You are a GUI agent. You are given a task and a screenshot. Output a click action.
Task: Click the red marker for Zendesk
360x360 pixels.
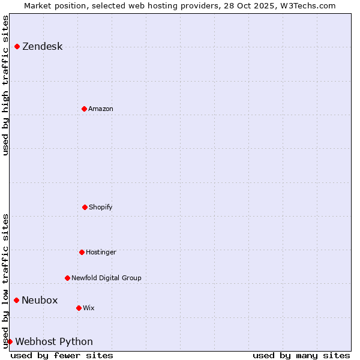coord(17,46)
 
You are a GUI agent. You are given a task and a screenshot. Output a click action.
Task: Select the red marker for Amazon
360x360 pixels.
coord(84,109)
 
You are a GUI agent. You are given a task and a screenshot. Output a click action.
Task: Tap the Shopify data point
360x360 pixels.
coord(85,207)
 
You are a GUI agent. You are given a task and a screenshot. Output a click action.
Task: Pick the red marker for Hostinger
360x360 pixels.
coord(82,252)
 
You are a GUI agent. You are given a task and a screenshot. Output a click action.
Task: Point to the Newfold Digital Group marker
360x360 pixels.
coord(67,278)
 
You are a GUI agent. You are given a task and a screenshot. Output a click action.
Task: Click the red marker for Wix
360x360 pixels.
coord(79,308)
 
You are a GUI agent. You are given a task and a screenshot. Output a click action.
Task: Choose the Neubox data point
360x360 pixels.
coord(16,300)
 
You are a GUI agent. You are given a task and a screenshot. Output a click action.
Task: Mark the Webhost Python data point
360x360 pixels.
coord(10,341)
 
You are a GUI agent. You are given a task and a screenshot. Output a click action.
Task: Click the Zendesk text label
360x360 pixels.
coord(42,47)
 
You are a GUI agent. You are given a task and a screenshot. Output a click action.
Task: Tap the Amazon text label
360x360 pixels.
coord(101,109)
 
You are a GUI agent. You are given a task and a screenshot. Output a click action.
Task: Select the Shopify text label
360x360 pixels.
coord(101,208)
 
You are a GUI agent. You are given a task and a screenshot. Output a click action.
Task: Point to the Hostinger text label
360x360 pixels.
coord(101,253)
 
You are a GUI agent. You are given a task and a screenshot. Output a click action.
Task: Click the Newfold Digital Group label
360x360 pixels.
coord(106,278)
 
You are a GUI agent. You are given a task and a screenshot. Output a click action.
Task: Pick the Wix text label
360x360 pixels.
coord(89,308)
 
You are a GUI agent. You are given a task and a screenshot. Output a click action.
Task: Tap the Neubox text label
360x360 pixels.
coord(40,301)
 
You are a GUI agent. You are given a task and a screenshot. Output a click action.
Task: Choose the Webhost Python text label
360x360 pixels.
coord(54,342)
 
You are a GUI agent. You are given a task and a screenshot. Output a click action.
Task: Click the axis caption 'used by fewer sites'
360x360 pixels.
coord(62,355)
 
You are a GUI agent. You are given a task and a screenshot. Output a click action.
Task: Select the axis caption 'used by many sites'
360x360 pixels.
coord(301,355)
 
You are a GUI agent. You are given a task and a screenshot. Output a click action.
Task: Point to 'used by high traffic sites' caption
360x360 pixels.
coord(5,85)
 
